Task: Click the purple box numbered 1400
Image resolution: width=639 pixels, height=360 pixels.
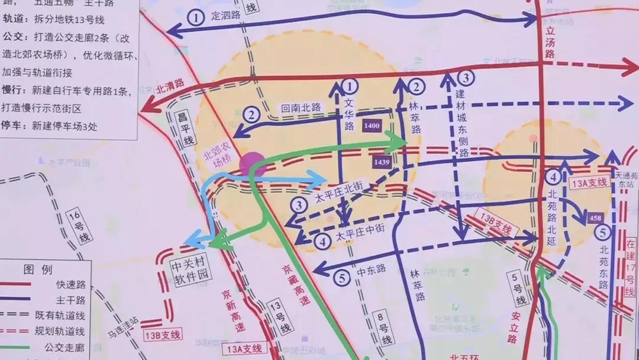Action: pos(372,126)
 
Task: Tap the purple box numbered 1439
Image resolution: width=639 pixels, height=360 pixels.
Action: pos(382,162)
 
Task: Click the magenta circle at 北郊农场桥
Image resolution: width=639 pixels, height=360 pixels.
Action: pos(253,164)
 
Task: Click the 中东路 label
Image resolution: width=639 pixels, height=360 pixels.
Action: pos(371,270)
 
